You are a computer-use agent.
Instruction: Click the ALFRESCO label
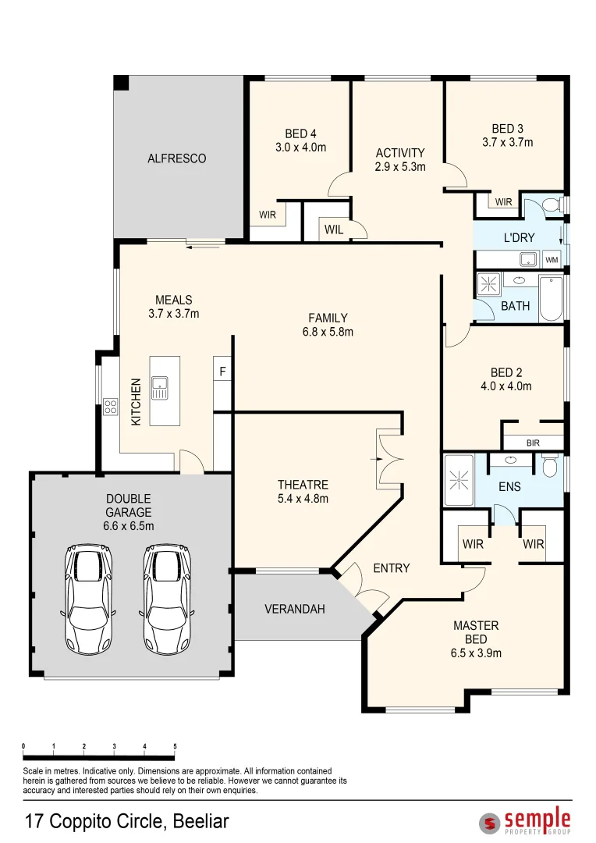pos(177,158)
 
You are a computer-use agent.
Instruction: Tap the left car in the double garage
pos(87,599)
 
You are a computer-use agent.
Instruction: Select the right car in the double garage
pos(167,599)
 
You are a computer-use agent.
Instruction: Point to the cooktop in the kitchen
pos(110,407)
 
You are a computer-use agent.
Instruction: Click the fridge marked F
pos(222,372)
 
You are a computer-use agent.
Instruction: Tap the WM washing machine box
pos(552,260)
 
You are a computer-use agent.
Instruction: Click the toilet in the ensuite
pos(549,467)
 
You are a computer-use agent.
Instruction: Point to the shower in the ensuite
pos(459,478)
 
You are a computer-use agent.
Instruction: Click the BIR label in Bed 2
pos(533,443)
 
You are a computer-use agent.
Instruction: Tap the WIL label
pos(333,230)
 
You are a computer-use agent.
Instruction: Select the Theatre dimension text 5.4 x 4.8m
pos(302,499)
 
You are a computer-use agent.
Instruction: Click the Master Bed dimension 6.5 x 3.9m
pos(476,653)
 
